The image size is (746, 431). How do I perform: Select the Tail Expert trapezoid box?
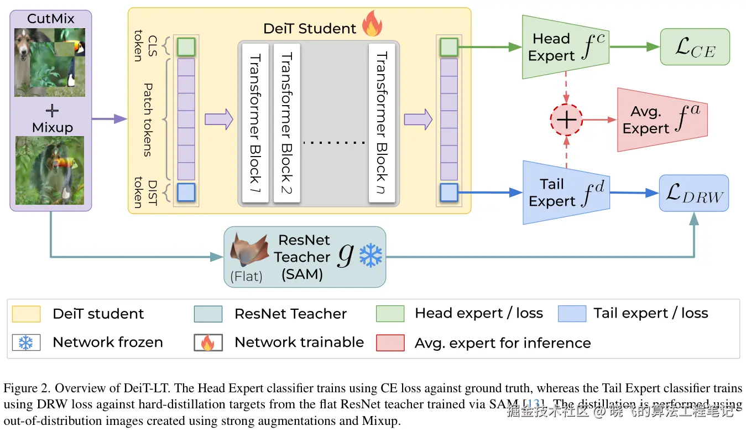pos(565,193)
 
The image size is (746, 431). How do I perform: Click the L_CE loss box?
pos(695,47)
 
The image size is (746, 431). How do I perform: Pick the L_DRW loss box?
pos(694,193)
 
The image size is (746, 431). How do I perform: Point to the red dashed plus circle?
pos(566,120)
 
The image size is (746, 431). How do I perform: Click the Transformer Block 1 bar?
pos(255,123)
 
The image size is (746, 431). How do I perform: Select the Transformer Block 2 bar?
pos(286,123)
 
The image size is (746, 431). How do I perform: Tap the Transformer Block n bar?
pos(382,123)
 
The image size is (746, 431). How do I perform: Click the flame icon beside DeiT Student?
pos(372,25)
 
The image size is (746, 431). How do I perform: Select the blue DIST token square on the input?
pos(186,192)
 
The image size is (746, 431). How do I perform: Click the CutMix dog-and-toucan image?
pos(50,62)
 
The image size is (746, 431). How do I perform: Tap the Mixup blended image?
pos(50,170)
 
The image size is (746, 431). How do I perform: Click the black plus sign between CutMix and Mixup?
pos(51,111)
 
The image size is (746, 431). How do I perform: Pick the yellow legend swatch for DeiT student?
pos(26,314)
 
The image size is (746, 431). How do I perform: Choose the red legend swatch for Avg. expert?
pos(390,343)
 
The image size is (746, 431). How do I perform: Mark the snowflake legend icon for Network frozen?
pos(26,343)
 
